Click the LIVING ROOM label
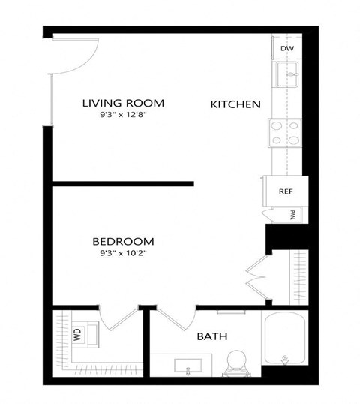[x=123, y=103]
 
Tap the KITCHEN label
[x=235, y=104]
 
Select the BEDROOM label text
[x=123, y=242]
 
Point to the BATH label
[x=212, y=337]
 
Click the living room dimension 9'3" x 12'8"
[x=123, y=116]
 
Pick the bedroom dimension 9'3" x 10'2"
[x=123, y=254]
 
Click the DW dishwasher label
[x=286, y=49]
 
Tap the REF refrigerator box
[x=284, y=191]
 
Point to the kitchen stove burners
[x=284, y=133]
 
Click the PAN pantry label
[x=292, y=216]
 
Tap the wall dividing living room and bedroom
[x=124, y=183]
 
